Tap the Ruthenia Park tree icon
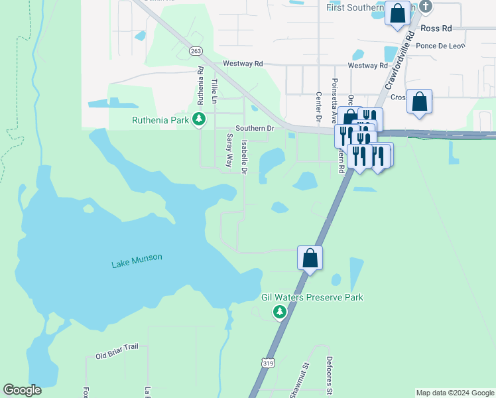(198, 119)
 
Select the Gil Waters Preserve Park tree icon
(280, 311)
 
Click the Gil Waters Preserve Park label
(312, 298)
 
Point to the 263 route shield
(195, 50)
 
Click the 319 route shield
(268, 363)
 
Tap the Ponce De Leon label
(440, 46)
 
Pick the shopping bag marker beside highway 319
(310, 257)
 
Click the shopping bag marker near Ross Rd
(397, 13)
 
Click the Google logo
(22, 390)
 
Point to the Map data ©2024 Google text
(456, 393)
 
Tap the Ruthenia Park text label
(160, 121)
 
